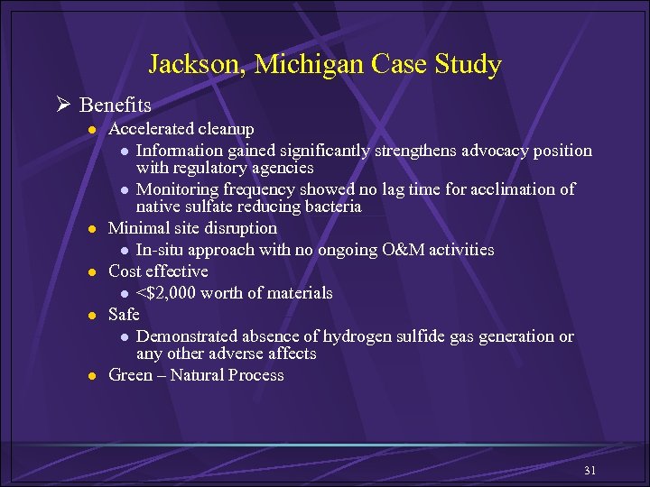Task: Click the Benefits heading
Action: click(115, 106)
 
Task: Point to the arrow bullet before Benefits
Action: click(65, 106)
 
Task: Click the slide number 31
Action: click(590, 471)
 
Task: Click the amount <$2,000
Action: click(168, 292)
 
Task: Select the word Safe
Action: click(124, 314)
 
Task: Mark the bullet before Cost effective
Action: click(92, 271)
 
